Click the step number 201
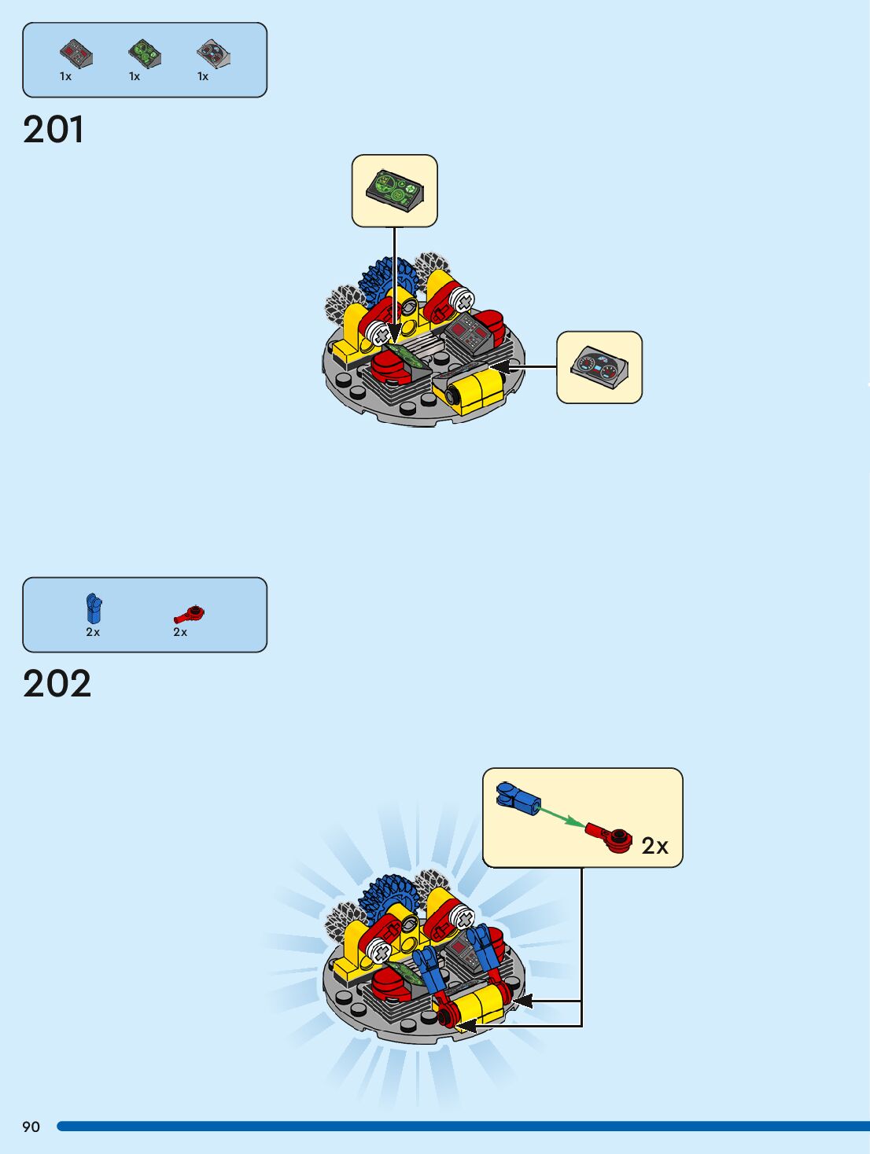point(53,130)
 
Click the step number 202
point(57,684)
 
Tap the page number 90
point(31,1126)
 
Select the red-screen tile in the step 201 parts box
point(76,53)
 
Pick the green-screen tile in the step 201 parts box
point(145,53)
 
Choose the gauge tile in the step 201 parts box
point(213,53)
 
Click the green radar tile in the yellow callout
point(394,190)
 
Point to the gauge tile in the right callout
point(599,367)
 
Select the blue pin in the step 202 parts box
point(94,608)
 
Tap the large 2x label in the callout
point(654,846)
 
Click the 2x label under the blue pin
point(93,632)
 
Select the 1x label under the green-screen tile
point(135,76)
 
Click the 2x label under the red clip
point(180,632)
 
